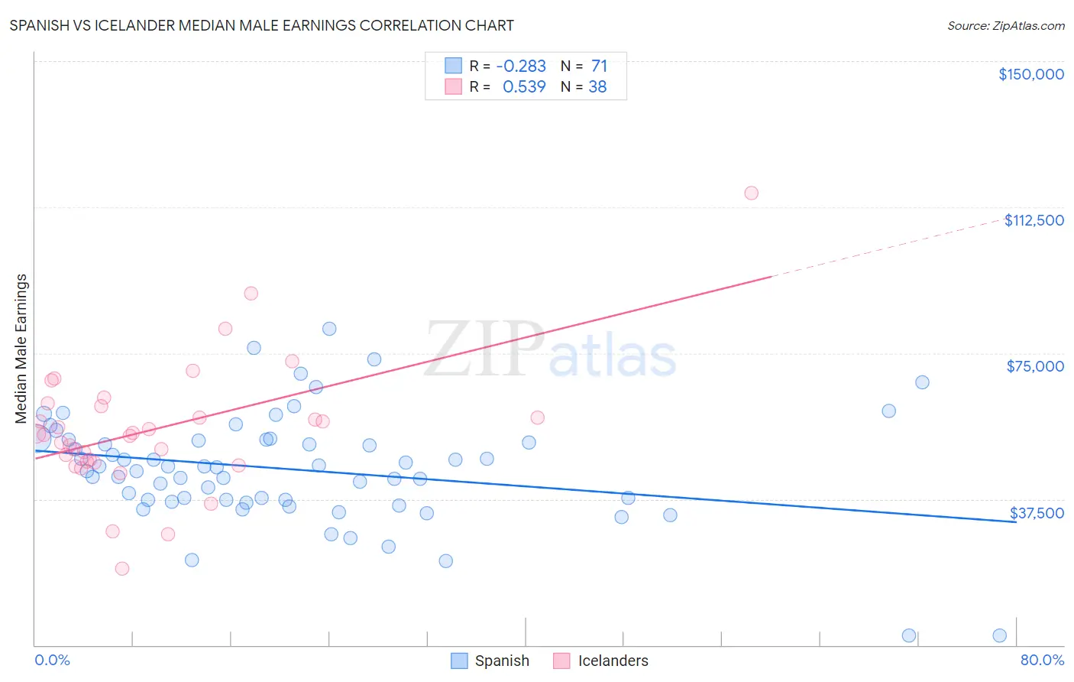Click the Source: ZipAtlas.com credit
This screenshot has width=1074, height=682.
(1005, 25)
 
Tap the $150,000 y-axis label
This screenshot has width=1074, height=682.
(1030, 74)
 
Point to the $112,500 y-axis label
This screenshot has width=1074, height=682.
(1034, 220)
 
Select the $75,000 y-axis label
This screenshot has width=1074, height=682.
(1034, 366)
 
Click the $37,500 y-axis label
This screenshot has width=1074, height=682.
(1036, 513)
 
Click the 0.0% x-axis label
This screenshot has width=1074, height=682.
(52, 660)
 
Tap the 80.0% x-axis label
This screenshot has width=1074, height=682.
(1042, 660)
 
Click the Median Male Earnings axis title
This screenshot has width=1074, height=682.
(21, 348)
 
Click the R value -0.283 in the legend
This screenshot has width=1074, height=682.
(521, 67)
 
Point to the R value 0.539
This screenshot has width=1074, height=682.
(524, 87)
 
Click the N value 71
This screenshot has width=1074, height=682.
(599, 67)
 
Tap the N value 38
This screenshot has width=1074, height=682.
(597, 87)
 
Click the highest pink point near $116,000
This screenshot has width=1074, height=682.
(751, 193)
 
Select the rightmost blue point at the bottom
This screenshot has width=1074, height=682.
(999, 635)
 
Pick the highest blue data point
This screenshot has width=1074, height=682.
(329, 329)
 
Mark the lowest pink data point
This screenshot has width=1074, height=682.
(121, 568)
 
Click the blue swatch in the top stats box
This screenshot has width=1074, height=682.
(454, 66)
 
